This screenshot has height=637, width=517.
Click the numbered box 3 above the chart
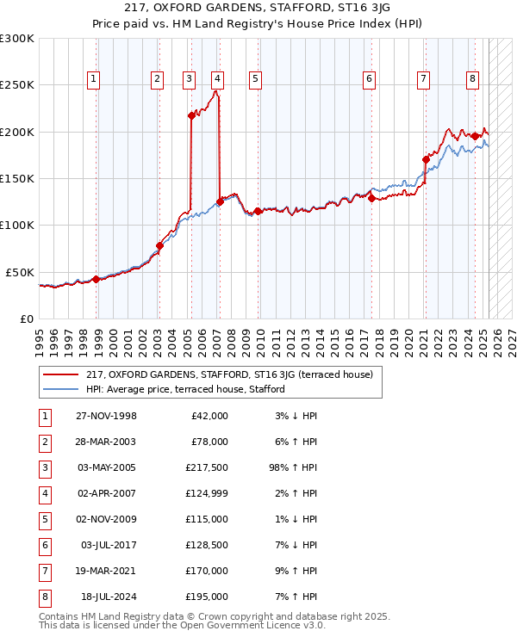188,79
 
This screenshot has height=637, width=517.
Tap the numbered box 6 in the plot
369,79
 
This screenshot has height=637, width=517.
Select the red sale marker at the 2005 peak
191,115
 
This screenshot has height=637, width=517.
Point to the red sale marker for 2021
426,159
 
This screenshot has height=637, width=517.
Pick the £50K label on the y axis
20,272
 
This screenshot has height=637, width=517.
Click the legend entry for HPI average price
185,389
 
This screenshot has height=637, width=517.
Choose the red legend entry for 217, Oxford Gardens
228,374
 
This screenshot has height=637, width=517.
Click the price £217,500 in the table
207,469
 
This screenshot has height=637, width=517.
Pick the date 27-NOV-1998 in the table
106,416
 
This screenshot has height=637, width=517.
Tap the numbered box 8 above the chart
473,79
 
